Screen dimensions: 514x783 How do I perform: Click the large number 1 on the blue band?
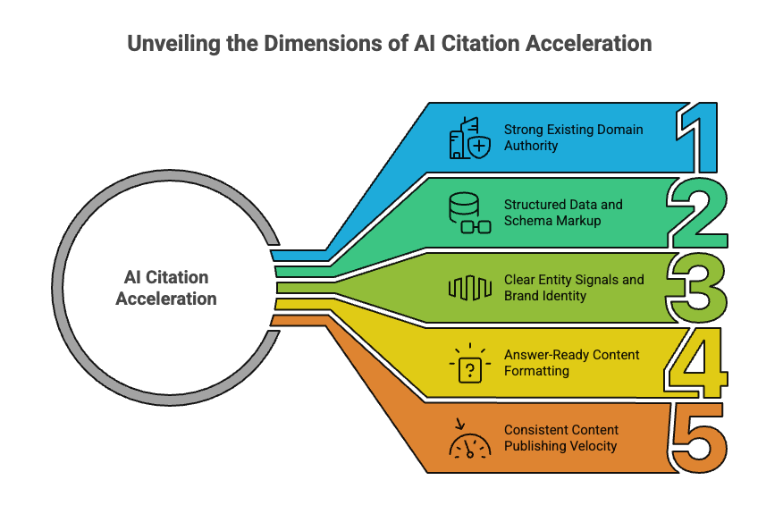pyautogui.click(x=702, y=139)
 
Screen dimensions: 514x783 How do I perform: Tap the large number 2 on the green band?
pyautogui.click(x=701, y=214)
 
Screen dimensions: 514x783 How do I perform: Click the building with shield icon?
pyautogui.click(x=469, y=139)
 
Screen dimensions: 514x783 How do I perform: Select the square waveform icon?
pyautogui.click(x=469, y=288)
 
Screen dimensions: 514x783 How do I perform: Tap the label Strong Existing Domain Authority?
pyautogui.click(x=573, y=137)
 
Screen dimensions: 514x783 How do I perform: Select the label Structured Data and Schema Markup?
pyautogui.click(x=563, y=212)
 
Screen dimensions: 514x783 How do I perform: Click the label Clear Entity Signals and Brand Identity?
pyautogui.click(x=574, y=287)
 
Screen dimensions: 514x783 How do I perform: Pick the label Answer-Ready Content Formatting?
pyautogui.click(x=571, y=362)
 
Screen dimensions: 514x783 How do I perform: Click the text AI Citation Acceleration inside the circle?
pyautogui.click(x=166, y=288)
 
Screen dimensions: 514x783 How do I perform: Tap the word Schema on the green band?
pyautogui.click(x=526, y=220)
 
